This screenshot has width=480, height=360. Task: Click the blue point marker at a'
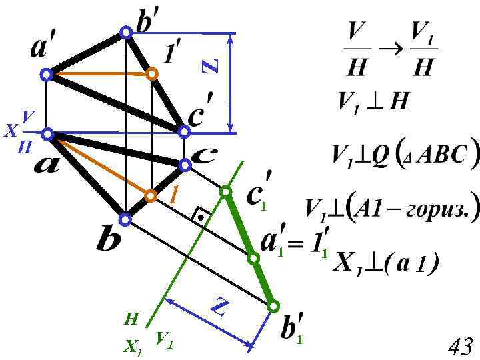47,75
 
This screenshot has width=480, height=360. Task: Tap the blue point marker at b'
126,32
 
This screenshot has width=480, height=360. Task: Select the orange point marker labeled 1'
153,74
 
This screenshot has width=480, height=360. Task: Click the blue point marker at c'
183,131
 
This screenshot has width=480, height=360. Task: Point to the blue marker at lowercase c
185,164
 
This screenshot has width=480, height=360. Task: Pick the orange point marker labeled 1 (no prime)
151,195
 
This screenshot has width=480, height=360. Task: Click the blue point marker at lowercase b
125,219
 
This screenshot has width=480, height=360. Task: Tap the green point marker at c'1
225,192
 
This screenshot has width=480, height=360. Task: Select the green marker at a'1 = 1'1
253,258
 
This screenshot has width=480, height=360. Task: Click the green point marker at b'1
273,306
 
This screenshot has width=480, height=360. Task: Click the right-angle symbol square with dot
200,216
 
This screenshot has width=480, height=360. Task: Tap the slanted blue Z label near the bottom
220,308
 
